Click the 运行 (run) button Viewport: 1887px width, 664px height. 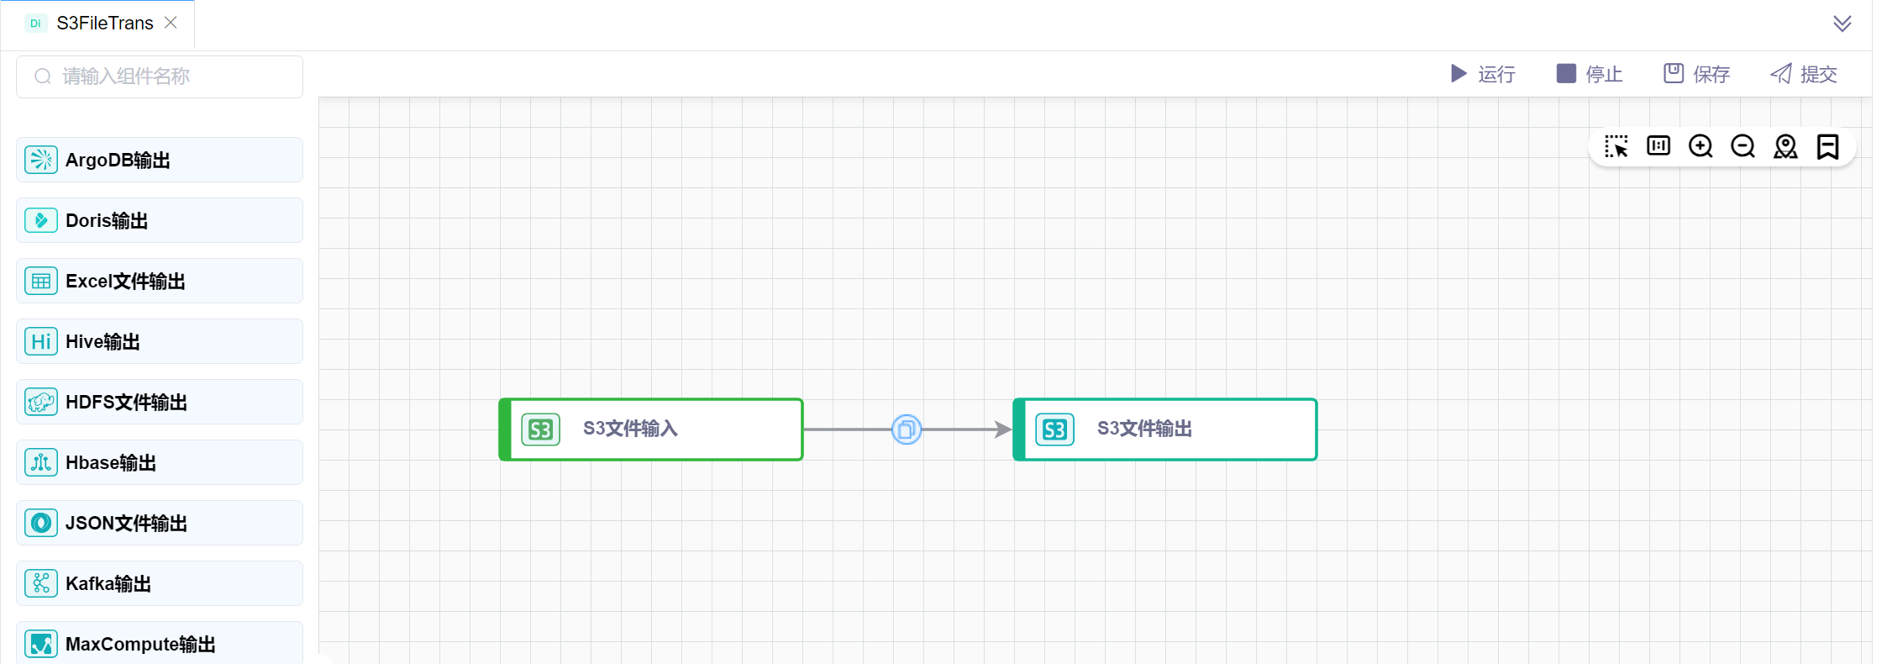1483,74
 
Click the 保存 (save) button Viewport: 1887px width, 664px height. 1697,74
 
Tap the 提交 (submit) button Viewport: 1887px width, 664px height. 1804,74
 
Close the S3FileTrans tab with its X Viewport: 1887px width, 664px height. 171,23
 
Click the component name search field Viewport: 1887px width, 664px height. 160,76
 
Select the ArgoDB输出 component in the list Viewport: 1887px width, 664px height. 160,160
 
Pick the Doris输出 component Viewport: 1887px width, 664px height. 160,220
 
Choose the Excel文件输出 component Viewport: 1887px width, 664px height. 160,281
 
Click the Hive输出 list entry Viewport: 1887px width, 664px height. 160,341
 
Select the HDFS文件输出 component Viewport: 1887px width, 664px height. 160,402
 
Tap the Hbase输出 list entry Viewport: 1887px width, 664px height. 160,462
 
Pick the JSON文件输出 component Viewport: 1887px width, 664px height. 160,523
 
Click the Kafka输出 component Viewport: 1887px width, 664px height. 160,583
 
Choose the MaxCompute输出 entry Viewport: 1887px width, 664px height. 160,643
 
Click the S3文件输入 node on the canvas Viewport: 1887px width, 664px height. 652,429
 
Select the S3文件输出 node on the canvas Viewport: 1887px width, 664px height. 1165,429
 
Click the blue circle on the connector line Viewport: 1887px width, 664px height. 907,429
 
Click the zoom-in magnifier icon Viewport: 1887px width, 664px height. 1700,146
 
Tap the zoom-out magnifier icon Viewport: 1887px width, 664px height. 1743,146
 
